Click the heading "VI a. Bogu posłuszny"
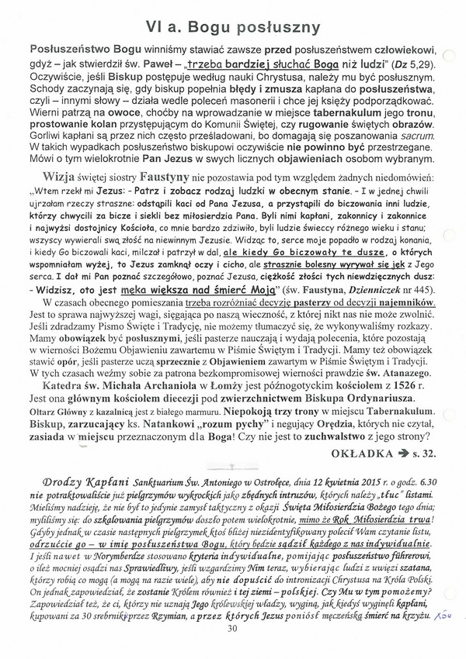coord(232,29)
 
